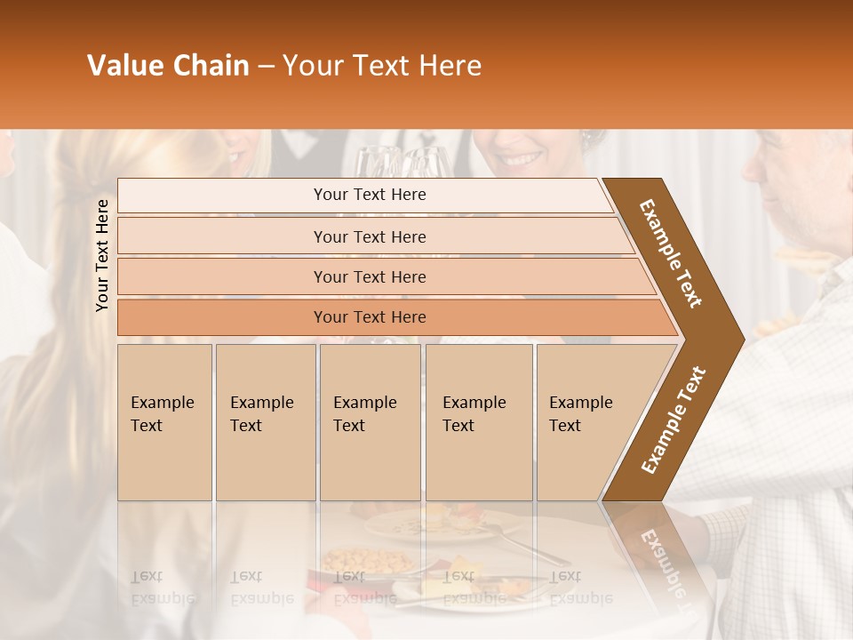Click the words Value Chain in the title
click(x=168, y=66)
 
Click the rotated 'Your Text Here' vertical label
click(x=102, y=255)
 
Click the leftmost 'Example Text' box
click(x=164, y=422)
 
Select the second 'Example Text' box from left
click(x=265, y=422)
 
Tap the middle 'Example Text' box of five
click(x=370, y=422)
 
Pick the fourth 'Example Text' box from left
click(x=478, y=422)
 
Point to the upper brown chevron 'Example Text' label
click(x=671, y=253)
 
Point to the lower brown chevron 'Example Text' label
click(x=673, y=420)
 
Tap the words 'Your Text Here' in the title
click(x=382, y=66)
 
